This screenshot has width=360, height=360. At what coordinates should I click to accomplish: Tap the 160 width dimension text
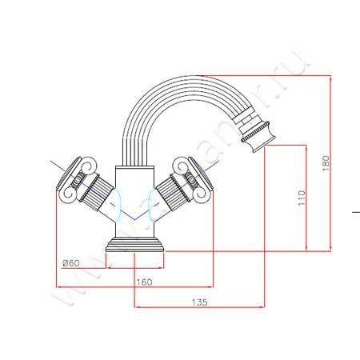tap(145, 281)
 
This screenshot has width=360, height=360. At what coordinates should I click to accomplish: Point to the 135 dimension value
tap(200, 302)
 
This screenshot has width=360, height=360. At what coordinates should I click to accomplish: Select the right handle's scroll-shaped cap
tap(195, 171)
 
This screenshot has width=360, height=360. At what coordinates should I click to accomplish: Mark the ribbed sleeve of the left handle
tap(95, 193)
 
